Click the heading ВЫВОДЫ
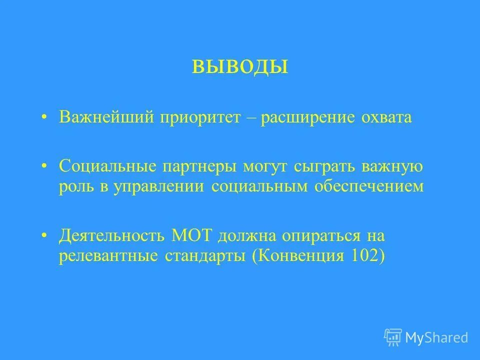coord(240,67)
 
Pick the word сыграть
coord(320,165)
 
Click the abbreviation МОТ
coord(192,234)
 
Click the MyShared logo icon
coord(393,337)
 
